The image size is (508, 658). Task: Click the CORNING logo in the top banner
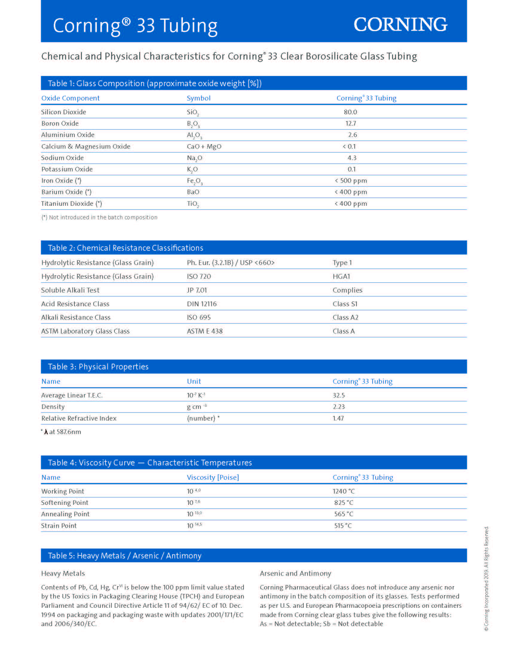coord(400,25)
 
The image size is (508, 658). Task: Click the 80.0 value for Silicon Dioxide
coord(350,112)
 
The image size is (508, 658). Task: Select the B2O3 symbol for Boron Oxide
coord(193,124)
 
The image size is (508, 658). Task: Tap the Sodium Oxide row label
coord(62,158)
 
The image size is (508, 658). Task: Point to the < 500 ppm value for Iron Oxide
coord(351,181)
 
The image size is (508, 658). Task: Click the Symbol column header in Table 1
coord(199,98)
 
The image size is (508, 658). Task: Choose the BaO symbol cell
coord(193,192)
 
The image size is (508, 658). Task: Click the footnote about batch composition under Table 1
coord(99,217)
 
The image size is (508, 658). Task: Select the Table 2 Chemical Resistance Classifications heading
coord(126,248)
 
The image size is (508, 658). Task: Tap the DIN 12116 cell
coord(202,304)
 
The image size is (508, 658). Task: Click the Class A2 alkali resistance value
coord(345,318)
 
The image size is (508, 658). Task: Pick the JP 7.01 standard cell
coord(197,290)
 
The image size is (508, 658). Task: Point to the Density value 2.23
coord(339,407)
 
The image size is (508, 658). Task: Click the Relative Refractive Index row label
coord(79,418)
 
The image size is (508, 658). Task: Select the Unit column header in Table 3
coord(194,382)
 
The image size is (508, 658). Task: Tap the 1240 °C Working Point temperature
coord(344,491)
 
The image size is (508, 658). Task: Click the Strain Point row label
coord(59,526)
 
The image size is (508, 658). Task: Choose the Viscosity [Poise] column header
coord(213,478)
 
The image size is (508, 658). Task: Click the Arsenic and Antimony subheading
coord(295,574)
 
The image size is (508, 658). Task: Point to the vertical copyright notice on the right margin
coord(486,578)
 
